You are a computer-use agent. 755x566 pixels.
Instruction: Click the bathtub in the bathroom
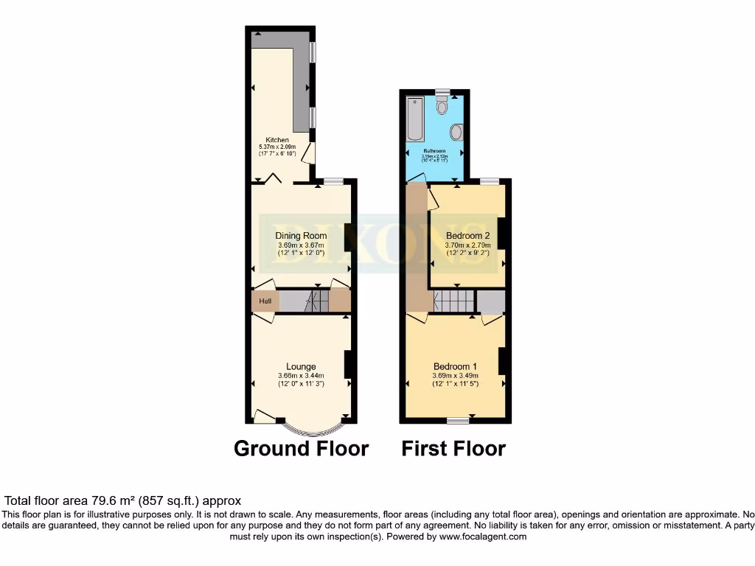pos(414,119)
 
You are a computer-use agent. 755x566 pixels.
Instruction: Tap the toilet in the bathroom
pos(442,107)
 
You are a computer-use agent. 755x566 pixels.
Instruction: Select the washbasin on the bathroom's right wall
pos(456,133)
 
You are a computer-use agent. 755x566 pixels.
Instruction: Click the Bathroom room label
pos(434,150)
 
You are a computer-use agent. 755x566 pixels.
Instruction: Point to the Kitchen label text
pos(277,140)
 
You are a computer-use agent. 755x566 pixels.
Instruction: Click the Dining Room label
pos(302,236)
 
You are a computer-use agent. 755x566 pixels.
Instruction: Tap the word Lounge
pos(301,366)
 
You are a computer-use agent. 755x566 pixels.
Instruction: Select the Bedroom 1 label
pos(455,366)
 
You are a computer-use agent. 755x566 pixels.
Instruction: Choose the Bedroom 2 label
pos(467,236)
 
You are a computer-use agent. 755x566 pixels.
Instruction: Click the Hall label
pos(265,301)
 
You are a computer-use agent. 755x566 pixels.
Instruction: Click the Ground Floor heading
pos(301,448)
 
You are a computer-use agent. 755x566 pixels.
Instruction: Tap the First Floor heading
pos(453,448)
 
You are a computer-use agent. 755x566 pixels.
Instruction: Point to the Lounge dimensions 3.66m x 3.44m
pos(301,375)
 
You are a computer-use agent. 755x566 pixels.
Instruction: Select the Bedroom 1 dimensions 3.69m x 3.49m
pos(455,375)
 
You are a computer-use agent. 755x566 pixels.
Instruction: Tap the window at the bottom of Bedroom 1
pos(457,421)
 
